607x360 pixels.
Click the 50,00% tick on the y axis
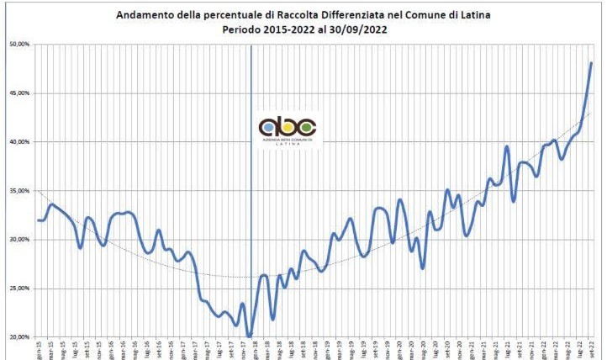point(17,44)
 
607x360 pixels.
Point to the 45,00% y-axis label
point(17,93)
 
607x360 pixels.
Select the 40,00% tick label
point(17,141)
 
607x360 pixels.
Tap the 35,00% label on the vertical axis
point(17,190)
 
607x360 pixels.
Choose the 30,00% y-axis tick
point(17,239)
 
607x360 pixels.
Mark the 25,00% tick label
point(17,288)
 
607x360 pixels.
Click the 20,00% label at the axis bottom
point(17,336)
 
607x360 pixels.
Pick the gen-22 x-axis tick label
point(544,348)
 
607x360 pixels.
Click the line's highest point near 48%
point(591,63)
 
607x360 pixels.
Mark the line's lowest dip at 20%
point(250,336)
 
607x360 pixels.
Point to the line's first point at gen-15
point(39,220)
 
